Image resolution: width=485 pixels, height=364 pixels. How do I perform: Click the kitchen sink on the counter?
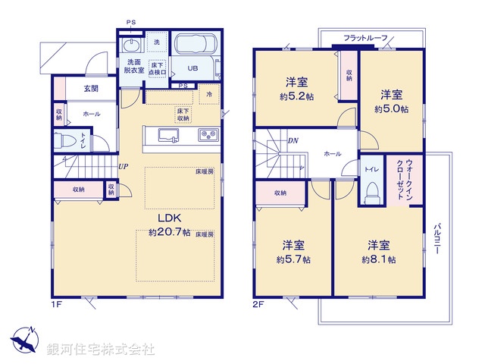click(167, 135)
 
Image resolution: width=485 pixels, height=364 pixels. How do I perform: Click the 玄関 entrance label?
click(90, 89)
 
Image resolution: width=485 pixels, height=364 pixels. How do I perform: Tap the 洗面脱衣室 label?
click(135, 65)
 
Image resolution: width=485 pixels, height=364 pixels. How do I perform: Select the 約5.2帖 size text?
click(296, 96)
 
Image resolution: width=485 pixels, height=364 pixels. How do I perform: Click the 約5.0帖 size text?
click(391, 109)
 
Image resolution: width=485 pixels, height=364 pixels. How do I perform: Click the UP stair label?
click(122, 168)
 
